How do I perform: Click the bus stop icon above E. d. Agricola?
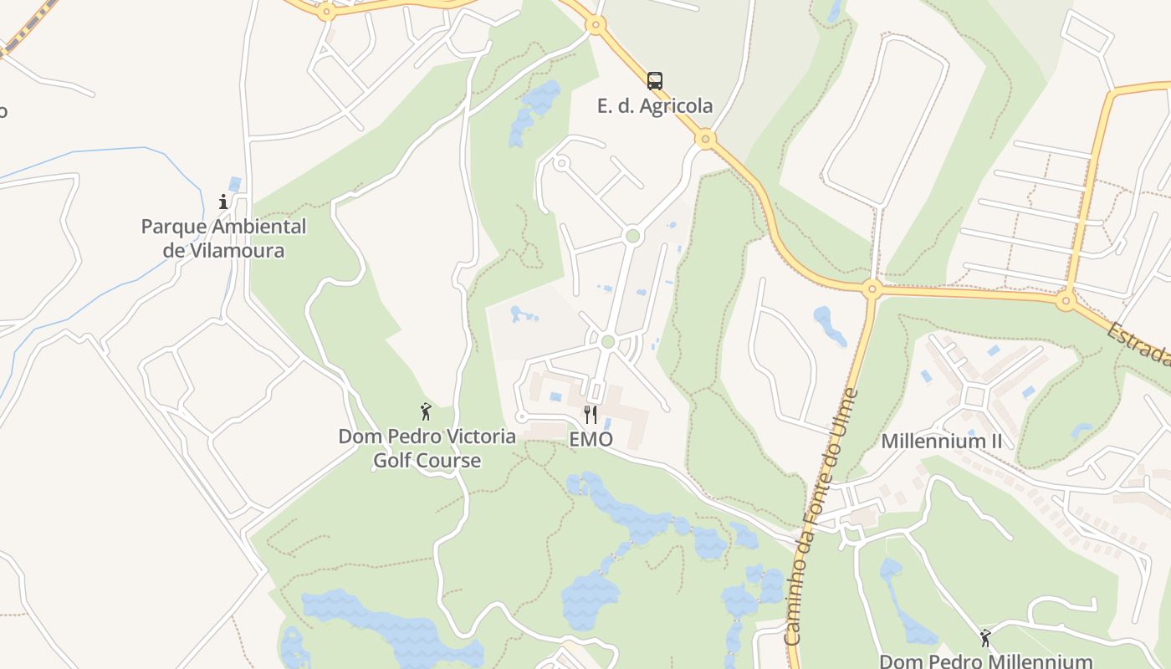[x=655, y=81]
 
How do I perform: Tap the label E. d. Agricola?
[x=655, y=106]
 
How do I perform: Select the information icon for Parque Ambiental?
[x=223, y=202]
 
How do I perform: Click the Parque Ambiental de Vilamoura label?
[x=223, y=238]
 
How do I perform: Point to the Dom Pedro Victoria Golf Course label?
[x=427, y=448]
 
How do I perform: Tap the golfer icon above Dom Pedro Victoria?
[x=426, y=411]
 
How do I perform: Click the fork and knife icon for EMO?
[x=591, y=414]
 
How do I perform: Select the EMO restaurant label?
[x=591, y=439]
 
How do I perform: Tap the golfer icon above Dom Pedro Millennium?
[x=985, y=638]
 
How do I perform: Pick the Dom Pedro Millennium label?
[x=985, y=661]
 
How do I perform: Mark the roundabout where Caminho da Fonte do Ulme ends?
[x=872, y=290]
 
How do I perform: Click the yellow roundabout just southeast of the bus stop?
[x=706, y=139]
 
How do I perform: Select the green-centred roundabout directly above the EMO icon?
[x=608, y=341]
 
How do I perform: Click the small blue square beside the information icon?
[x=235, y=184]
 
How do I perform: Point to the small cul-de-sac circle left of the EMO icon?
[x=522, y=416]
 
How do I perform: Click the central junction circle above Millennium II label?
[x=975, y=396]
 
